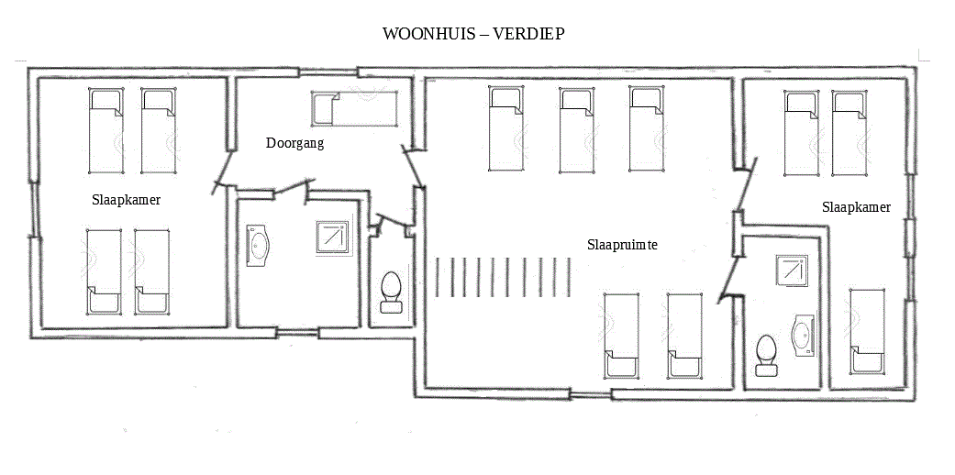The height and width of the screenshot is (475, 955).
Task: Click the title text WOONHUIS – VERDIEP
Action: coord(473,34)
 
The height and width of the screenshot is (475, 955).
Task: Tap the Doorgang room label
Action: coord(294,143)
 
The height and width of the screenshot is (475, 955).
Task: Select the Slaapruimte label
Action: coord(623,245)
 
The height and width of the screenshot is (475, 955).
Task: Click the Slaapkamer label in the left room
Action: coord(127,199)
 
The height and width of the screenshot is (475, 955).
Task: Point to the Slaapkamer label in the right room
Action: coord(856,207)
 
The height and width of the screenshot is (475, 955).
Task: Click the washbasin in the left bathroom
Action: coord(259,247)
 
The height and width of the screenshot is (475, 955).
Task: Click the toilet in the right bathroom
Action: coord(766,355)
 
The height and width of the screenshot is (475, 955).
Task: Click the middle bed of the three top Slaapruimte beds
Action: coord(577,129)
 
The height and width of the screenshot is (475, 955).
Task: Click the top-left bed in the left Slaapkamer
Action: coord(105,130)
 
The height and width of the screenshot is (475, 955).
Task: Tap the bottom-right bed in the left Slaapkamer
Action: coord(152,271)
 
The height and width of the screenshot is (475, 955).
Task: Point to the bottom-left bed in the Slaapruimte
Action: coord(621,336)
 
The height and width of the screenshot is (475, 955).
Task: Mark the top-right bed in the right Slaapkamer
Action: coord(850,133)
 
